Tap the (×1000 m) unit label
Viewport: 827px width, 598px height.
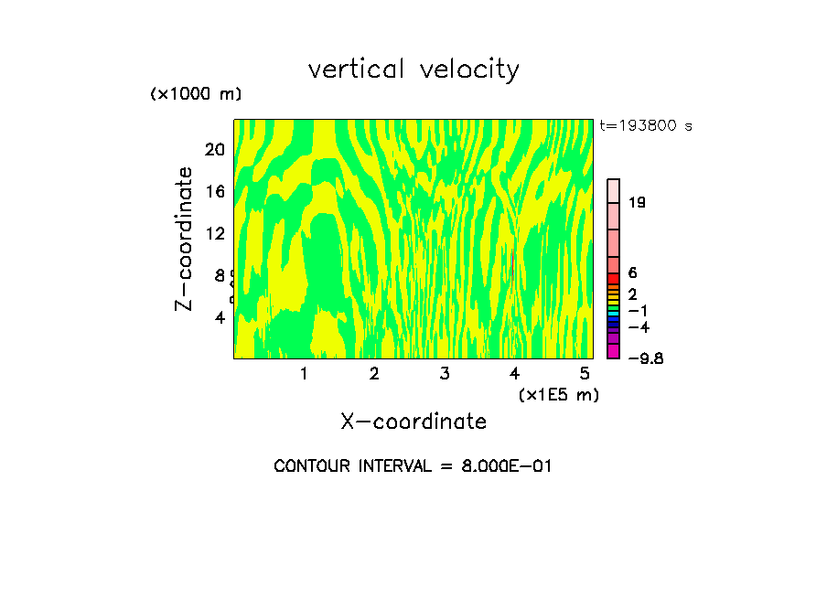pyautogui.click(x=196, y=94)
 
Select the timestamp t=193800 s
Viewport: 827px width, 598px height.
pyautogui.click(x=646, y=125)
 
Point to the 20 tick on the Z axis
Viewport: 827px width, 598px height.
pyautogui.click(x=215, y=149)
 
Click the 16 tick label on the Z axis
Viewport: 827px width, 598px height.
pyautogui.click(x=215, y=191)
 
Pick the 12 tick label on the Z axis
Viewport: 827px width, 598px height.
pyautogui.click(x=215, y=233)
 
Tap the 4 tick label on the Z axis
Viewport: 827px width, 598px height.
pyautogui.click(x=220, y=317)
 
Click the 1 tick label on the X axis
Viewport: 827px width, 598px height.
pyautogui.click(x=304, y=373)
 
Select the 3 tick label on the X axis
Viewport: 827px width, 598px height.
pyautogui.click(x=444, y=373)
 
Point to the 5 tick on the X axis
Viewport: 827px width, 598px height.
pyautogui.click(x=585, y=373)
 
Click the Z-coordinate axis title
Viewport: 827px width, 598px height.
pyautogui.click(x=184, y=239)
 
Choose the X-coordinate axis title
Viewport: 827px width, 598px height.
pyautogui.click(x=413, y=422)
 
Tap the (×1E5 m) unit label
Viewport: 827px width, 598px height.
pyautogui.click(x=558, y=394)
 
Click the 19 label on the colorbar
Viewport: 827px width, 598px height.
pyautogui.click(x=637, y=202)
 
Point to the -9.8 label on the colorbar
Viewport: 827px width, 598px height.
pyautogui.click(x=645, y=358)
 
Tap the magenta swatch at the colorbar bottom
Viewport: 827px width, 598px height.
pyautogui.click(x=614, y=351)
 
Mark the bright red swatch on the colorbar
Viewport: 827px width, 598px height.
pyautogui.click(x=614, y=278)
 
